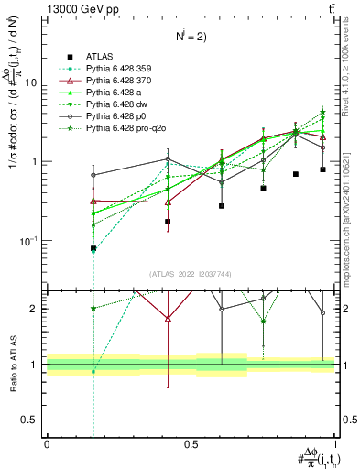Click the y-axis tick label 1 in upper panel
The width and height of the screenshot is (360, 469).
click(x=37, y=162)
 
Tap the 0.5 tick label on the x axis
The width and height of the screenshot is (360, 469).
click(x=191, y=443)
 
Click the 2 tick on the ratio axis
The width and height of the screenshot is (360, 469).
click(x=37, y=309)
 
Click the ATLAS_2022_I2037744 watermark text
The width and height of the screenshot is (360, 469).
click(x=191, y=274)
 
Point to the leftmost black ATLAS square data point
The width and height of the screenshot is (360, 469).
click(x=93, y=248)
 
